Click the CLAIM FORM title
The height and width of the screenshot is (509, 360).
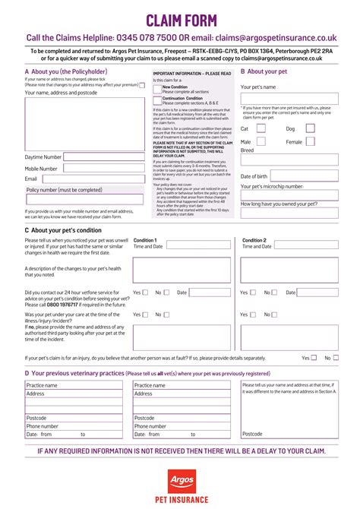180,21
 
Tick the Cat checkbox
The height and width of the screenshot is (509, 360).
261,128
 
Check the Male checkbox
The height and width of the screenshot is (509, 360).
261,142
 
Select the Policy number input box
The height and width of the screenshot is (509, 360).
83,199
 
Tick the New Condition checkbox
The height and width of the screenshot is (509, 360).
157,89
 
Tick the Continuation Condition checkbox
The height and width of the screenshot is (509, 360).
157,100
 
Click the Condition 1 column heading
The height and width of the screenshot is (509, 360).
145,240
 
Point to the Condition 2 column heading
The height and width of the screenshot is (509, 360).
254,240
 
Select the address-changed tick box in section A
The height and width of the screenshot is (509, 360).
142,85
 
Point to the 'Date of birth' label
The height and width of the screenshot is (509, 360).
254,176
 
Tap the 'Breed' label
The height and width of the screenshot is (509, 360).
247,150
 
